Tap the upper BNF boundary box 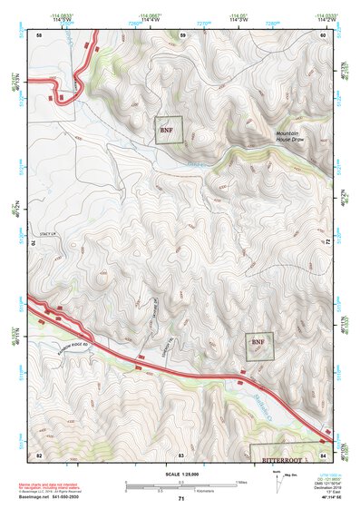click(168, 131)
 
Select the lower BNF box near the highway click(258, 346)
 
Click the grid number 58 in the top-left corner click(39, 34)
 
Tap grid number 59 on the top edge click(182, 34)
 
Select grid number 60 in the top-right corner click(323, 34)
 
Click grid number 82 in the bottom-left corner click(39, 454)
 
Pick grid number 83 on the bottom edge click(182, 454)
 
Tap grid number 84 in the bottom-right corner click(323, 454)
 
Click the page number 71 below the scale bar click(181, 499)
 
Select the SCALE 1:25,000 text click(180, 474)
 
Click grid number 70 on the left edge click(37, 244)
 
